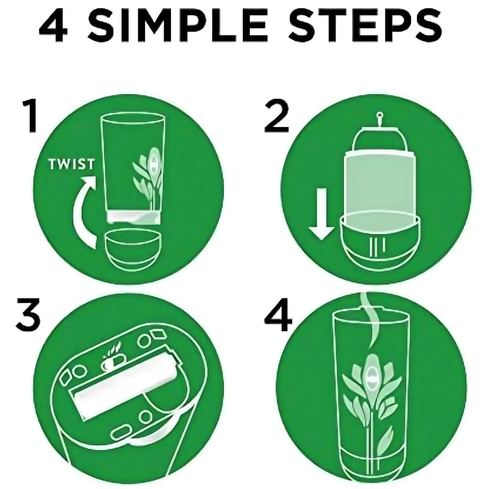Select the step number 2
point(276,116)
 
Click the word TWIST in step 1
point(71,164)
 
